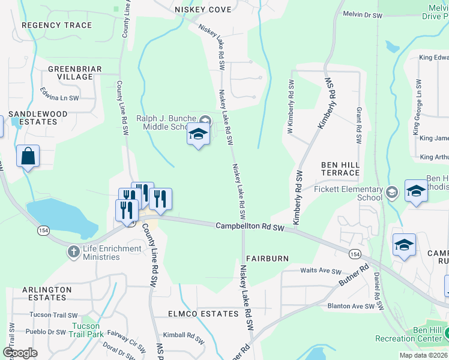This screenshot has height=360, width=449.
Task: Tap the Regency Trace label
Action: (x=56, y=25)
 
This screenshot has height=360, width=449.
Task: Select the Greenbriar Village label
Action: (x=75, y=73)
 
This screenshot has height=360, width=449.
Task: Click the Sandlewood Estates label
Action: (x=37, y=118)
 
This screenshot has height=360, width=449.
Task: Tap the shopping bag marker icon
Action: (x=28, y=157)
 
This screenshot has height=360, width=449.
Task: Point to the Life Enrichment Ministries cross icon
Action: (x=74, y=251)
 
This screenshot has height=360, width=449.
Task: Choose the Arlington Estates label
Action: (x=47, y=293)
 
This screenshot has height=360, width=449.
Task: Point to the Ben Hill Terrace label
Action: (x=340, y=169)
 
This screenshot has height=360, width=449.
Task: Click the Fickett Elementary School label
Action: (x=348, y=193)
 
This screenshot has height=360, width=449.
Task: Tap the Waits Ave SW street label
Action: (x=321, y=271)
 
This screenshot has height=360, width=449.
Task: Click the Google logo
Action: (x=20, y=353)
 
